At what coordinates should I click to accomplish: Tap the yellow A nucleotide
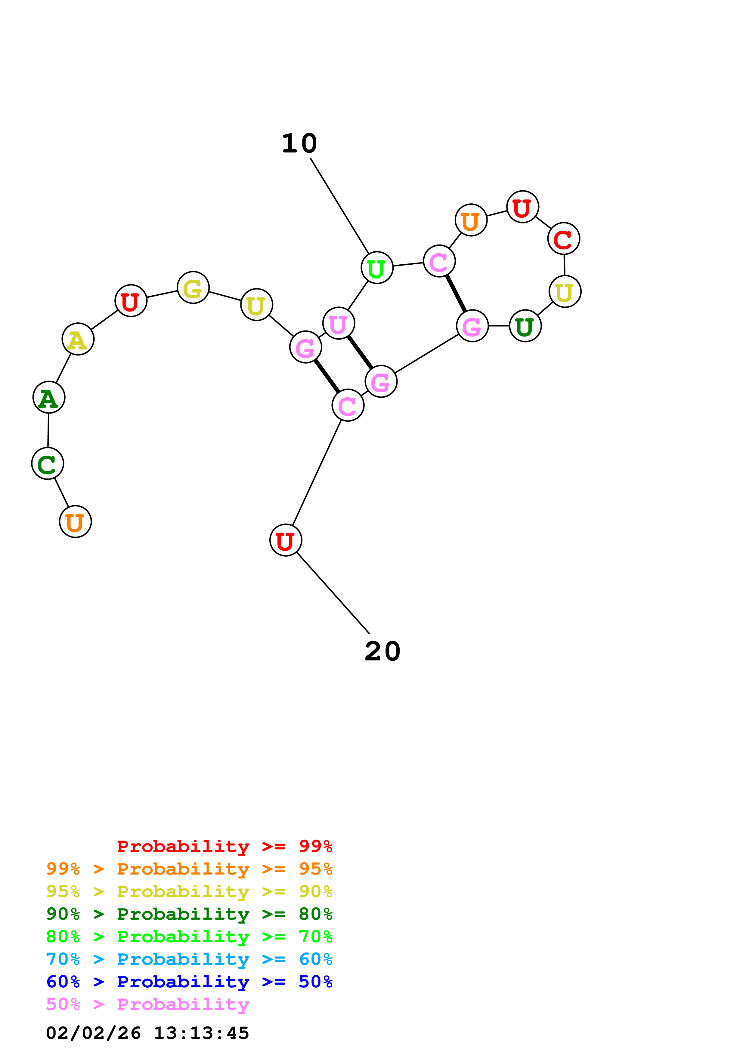(x=78, y=339)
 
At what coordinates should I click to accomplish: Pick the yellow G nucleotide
(x=193, y=287)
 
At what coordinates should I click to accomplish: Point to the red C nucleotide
(x=564, y=238)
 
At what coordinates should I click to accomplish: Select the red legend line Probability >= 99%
(x=224, y=846)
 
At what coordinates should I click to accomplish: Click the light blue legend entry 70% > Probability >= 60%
(x=189, y=959)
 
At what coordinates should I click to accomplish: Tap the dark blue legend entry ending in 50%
(x=189, y=982)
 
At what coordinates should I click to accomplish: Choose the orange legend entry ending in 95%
(x=189, y=869)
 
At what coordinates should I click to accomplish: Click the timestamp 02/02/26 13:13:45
(x=147, y=1033)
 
